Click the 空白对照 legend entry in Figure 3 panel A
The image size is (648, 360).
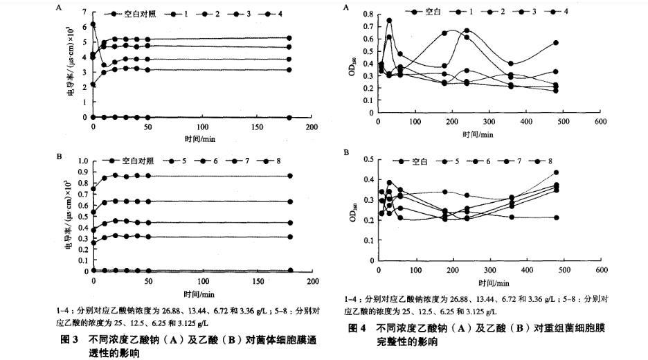pyautogui.click(x=139, y=13)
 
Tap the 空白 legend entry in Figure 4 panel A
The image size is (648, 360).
pyautogui.click(x=433, y=12)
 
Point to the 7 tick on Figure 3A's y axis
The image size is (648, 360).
pyautogui.click(x=83, y=12)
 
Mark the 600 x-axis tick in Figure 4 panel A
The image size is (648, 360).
pyautogui.click(x=601, y=122)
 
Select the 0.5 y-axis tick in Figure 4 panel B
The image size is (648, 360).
pyautogui.click(x=368, y=161)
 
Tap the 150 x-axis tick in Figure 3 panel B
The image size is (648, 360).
pyautogui.click(x=257, y=281)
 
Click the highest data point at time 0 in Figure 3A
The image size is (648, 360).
pyautogui.click(x=93, y=25)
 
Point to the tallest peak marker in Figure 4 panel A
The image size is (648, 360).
pyautogui.click(x=389, y=21)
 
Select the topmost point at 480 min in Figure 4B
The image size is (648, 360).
pyautogui.click(x=556, y=172)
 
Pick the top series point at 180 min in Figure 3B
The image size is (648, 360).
pyautogui.click(x=290, y=176)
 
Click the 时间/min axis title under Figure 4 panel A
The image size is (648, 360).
pyautogui.click(x=477, y=134)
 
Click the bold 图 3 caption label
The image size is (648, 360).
pyautogui.click(x=69, y=340)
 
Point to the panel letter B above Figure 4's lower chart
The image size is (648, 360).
pyautogui.click(x=347, y=152)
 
